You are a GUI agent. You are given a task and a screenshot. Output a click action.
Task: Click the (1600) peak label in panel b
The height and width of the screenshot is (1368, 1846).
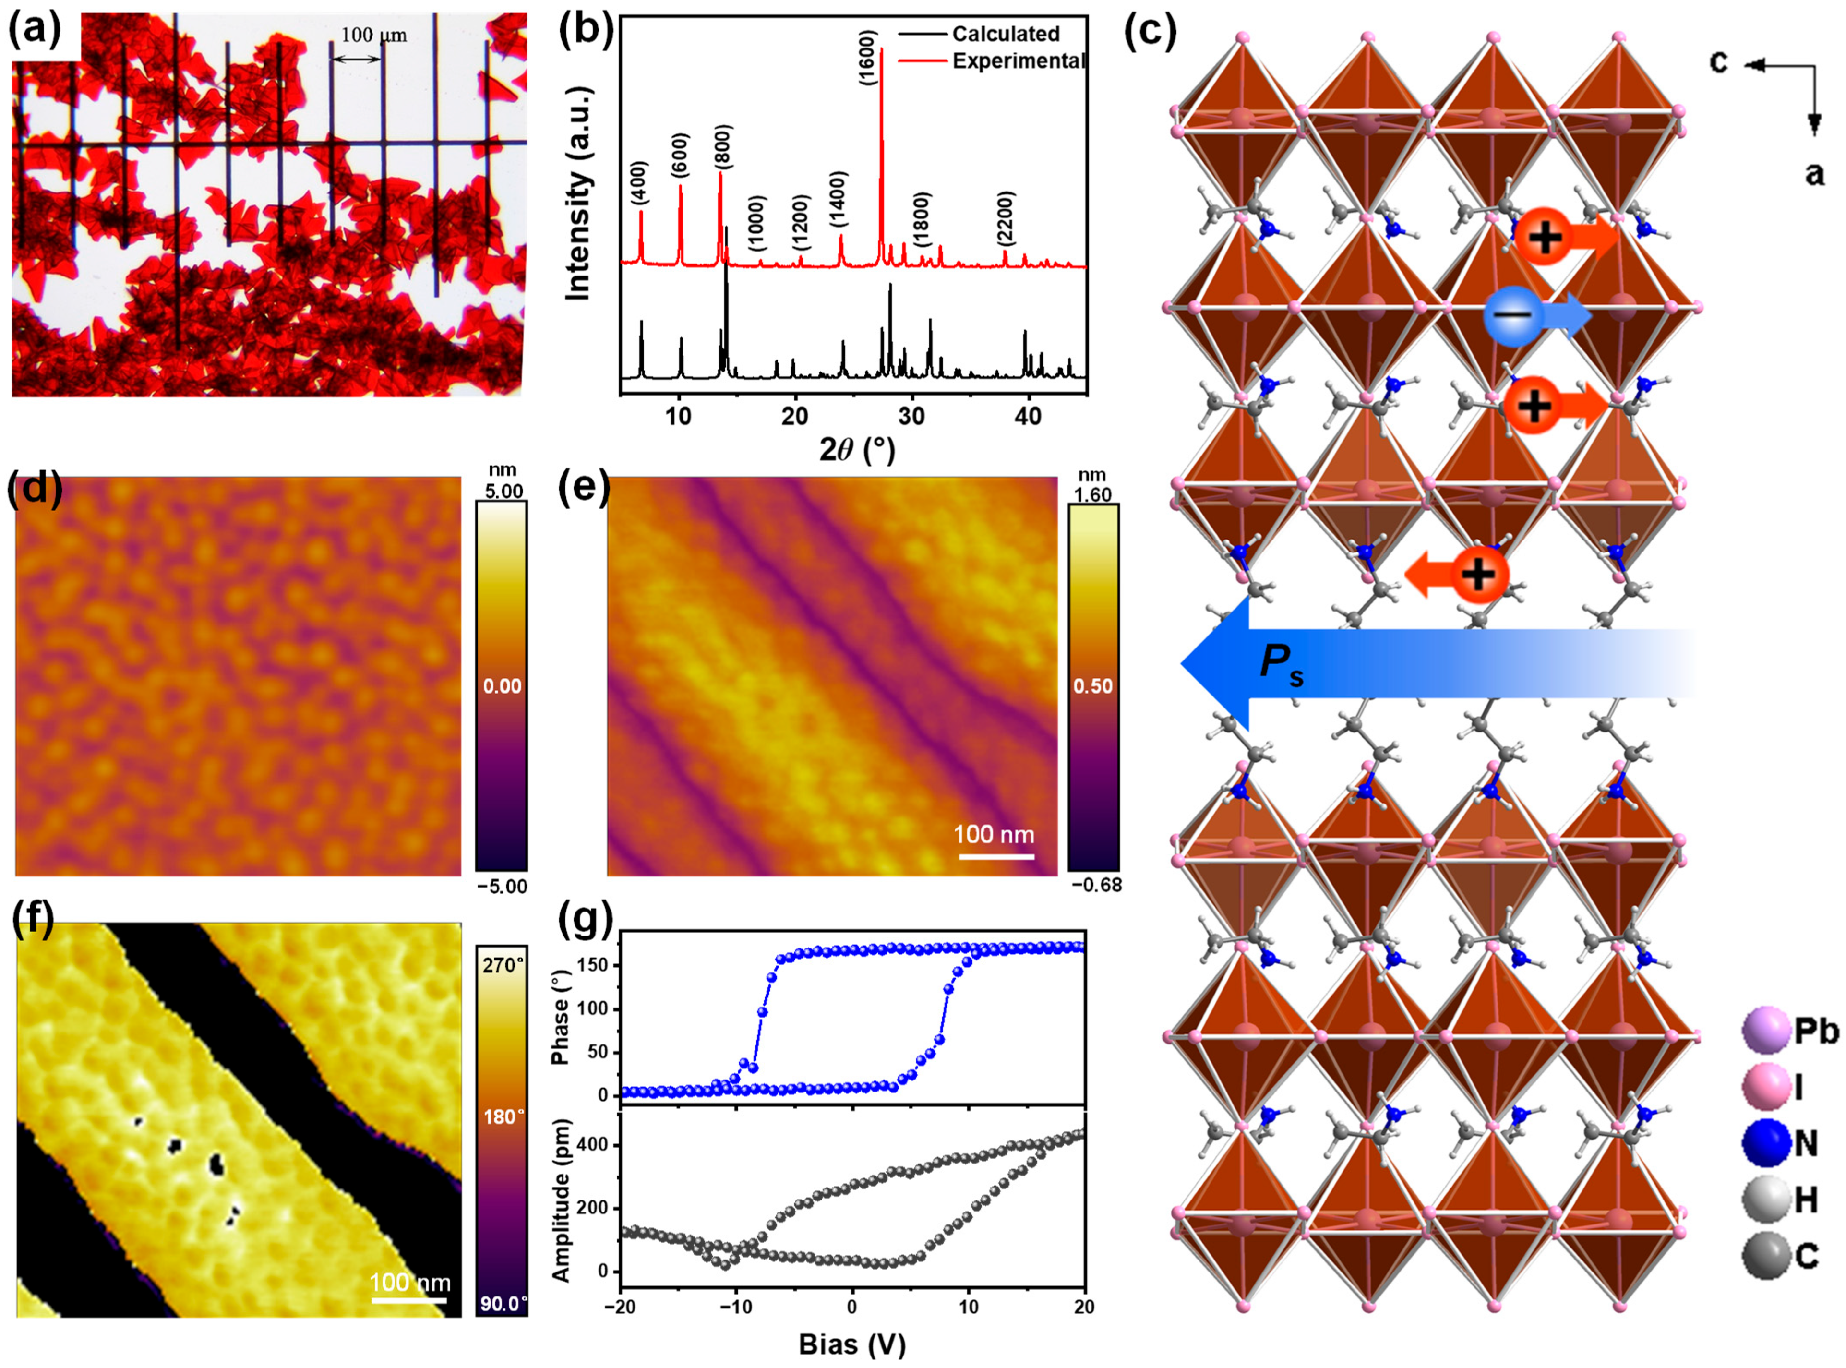[866, 58]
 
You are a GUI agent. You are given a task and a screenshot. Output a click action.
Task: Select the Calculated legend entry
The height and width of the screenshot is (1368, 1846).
[1005, 34]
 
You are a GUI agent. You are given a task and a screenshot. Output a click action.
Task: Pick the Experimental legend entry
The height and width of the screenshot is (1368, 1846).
[1018, 61]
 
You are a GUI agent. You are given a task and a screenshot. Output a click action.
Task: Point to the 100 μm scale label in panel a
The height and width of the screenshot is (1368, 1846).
[374, 36]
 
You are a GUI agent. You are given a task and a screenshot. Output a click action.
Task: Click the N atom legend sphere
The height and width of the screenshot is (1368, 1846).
[1766, 1143]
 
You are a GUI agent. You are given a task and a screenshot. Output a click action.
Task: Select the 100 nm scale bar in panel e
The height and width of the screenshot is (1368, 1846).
[996, 855]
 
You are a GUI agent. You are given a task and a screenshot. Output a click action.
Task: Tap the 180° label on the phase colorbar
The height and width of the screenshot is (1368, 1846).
[503, 1117]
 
